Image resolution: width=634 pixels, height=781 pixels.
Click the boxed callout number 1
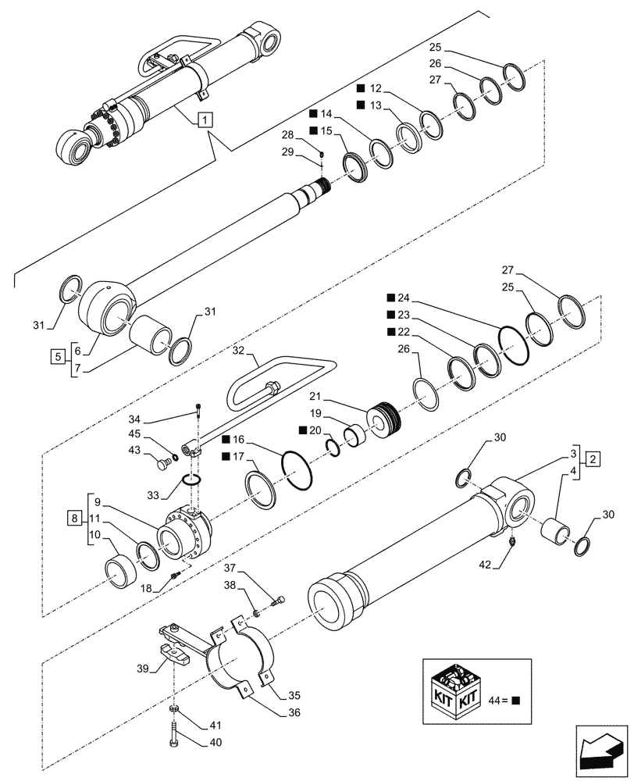point(204,119)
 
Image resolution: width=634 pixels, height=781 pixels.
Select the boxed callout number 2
point(593,458)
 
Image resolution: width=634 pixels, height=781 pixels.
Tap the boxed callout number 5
point(57,357)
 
